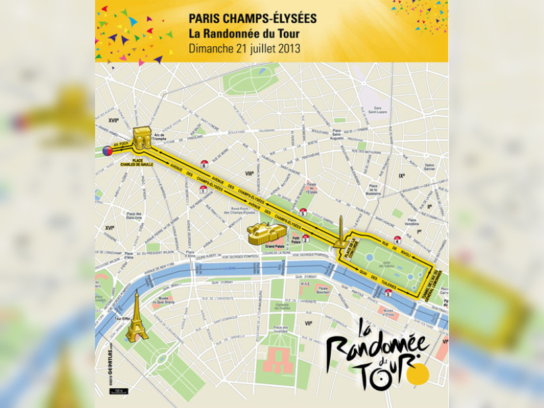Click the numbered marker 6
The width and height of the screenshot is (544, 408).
204,164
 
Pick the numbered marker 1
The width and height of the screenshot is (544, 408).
203,189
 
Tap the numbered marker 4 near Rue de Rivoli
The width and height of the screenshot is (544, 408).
397,239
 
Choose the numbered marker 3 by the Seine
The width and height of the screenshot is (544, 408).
388,292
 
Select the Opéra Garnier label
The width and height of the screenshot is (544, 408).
429,167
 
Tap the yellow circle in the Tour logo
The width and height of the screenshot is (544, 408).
417,374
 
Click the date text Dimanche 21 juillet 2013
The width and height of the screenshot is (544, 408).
244,48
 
